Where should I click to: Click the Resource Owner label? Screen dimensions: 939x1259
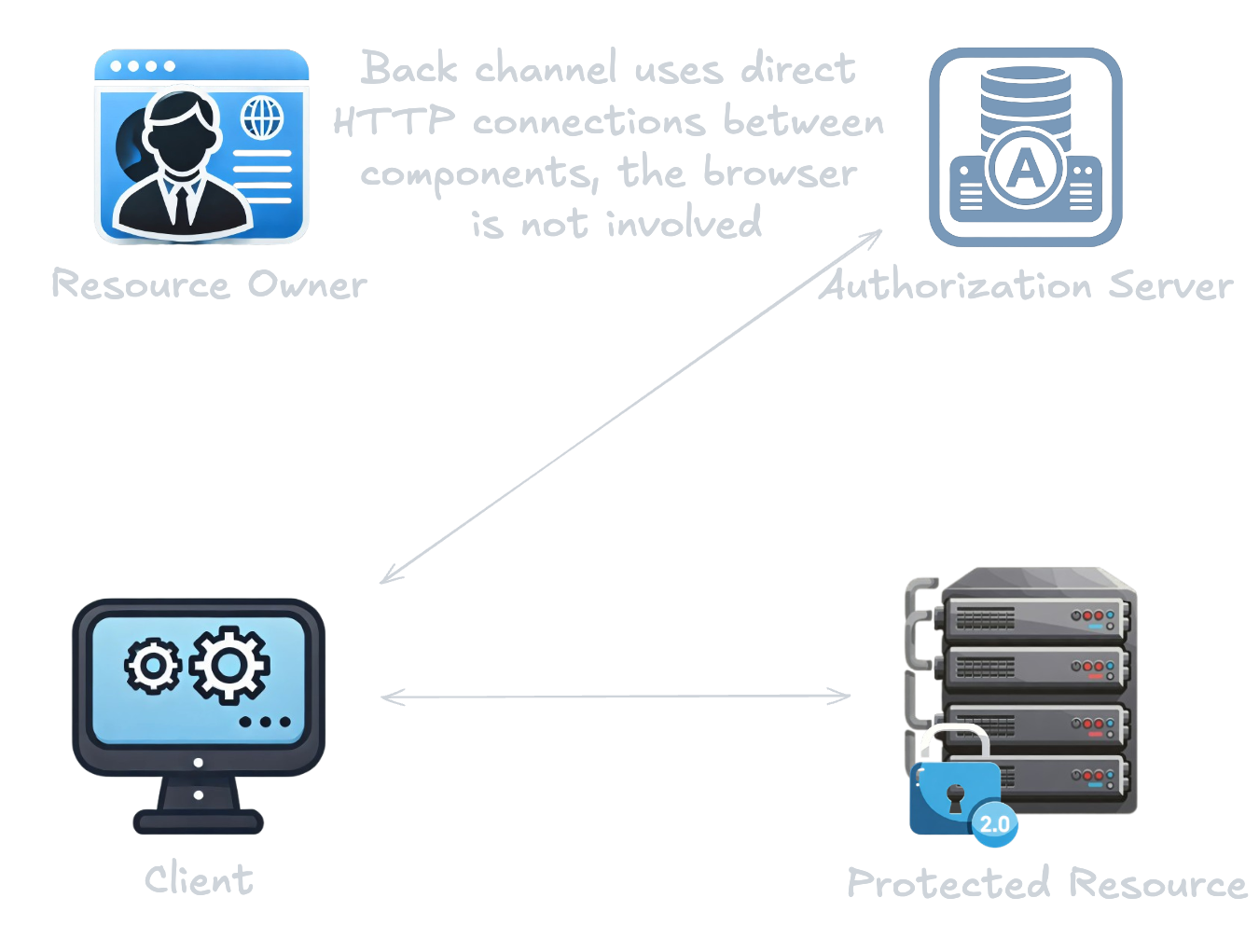tap(209, 284)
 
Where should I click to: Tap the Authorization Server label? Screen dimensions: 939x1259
tap(1026, 284)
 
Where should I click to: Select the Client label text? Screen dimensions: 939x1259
tap(199, 879)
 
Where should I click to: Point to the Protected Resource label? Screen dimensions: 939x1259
tap(1046, 882)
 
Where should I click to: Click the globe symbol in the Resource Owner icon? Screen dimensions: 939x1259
tap(262, 118)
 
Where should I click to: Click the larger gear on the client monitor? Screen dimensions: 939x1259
tap(229, 664)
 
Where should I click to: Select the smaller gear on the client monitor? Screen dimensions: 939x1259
tap(153, 666)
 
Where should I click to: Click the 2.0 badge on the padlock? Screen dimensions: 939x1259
tap(994, 823)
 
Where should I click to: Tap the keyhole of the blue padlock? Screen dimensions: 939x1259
tap(955, 797)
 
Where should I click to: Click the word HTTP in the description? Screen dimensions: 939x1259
tap(394, 121)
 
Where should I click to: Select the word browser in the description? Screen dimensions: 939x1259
tap(780, 173)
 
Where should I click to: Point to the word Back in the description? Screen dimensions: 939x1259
tap(409, 69)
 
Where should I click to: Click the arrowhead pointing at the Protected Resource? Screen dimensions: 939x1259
tap(844, 696)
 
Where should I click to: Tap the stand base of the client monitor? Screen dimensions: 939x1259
tap(199, 822)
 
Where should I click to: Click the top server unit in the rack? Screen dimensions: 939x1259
tap(1035, 614)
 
